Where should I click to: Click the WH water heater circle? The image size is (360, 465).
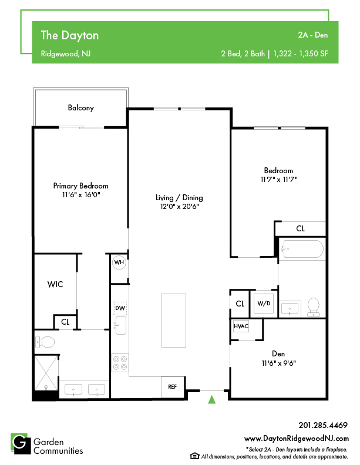tap(119, 262)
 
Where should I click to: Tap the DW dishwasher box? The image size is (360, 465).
tap(120, 308)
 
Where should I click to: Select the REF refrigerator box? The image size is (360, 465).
tap(173, 387)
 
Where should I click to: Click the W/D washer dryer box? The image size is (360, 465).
tap(264, 304)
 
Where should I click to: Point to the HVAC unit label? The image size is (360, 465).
tap(241, 326)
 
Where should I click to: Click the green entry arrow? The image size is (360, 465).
tap(212, 399)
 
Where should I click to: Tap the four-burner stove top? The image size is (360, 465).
tap(120, 363)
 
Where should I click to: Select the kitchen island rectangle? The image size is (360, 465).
tap(174, 321)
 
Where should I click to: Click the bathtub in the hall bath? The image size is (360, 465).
tap(302, 249)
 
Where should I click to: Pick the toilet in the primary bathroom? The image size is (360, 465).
tap(45, 342)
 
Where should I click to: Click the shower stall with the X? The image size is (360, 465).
tap(46, 373)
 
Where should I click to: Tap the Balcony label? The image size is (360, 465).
tap(80, 107)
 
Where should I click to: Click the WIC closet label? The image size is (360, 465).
tap(55, 284)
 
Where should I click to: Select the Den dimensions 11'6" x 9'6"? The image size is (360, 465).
tap(278, 363)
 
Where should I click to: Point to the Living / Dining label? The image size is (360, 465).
tap(179, 197)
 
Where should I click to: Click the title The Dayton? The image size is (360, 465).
tap(70, 35)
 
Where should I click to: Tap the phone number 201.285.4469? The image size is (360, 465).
tap(323, 425)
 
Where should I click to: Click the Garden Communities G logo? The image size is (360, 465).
tap(21, 444)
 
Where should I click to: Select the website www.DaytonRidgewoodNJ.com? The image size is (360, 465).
tap(297, 439)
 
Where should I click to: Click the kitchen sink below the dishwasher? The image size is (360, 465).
tap(120, 325)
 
